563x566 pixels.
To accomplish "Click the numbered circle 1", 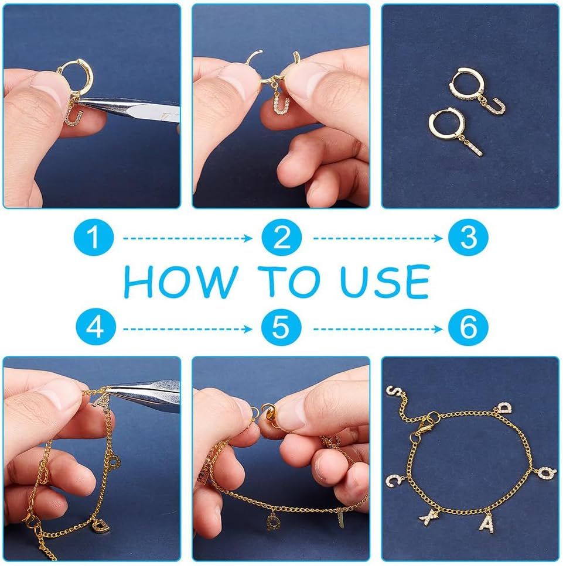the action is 94,238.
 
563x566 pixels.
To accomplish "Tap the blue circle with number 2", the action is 281,238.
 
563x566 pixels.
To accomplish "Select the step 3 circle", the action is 468,238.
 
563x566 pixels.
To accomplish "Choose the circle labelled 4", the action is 95,328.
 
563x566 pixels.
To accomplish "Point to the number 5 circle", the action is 281,328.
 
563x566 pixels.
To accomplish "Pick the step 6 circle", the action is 468,328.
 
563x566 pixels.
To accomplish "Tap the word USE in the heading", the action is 385,282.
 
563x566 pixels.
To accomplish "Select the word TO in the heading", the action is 289,281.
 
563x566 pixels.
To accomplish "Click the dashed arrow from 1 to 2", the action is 187,238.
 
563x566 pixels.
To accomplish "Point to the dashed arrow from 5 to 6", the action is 378,329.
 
